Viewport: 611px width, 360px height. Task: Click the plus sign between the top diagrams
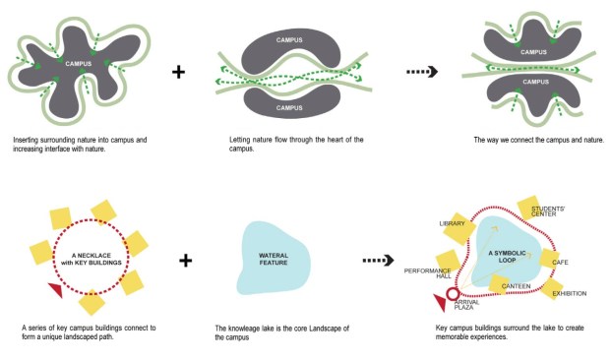pos(178,72)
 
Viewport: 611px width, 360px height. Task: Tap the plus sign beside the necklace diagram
pos(186,262)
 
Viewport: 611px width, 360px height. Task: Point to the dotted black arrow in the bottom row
pos(379,262)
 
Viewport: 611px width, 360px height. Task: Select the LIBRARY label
pos(452,224)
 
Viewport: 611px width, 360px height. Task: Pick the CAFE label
pos(560,263)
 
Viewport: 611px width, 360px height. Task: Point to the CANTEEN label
pos(516,286)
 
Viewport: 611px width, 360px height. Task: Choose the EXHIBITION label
pos(571,293)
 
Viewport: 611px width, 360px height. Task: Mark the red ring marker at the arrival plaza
pos(454,294)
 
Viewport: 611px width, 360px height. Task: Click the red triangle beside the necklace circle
pos(56,290)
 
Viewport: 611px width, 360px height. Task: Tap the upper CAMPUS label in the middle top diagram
pos(290,40)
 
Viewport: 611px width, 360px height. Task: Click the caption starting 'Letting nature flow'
pos(290,144)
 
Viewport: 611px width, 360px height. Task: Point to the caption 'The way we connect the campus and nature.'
pos(538,140)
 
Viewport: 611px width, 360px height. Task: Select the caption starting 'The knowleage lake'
pos(283,330)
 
